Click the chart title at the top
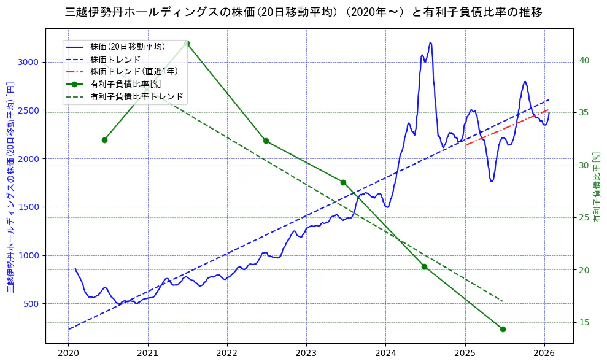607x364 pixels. [303, 12]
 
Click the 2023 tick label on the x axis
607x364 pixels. [306, 353]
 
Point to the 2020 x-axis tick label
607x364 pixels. [68, 353]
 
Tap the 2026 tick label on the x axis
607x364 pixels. [544, 353]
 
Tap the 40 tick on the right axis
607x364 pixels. [584, 60]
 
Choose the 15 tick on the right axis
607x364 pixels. [584, 323]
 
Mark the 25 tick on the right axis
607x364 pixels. [584, 218]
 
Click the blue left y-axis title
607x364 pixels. [10, 187]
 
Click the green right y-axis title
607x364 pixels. [597, 187]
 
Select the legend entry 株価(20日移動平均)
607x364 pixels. [128, 47]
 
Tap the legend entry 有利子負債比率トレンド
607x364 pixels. [136, 96]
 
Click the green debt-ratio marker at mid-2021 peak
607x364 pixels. [187, 43]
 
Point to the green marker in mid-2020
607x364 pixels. [104, 140]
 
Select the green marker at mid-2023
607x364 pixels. [343, 182]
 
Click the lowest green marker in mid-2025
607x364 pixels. [503, 329]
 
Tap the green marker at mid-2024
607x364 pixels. [424, 266]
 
